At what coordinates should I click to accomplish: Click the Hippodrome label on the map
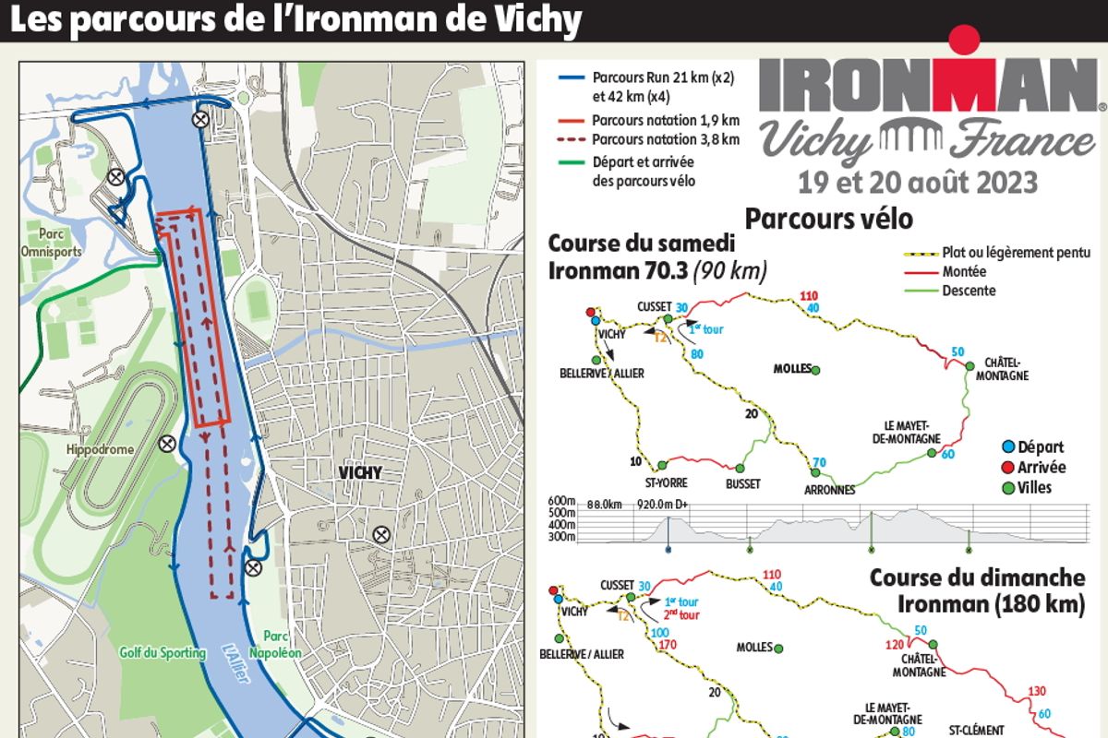(100, 449)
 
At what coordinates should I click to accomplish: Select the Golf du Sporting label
(163, 652)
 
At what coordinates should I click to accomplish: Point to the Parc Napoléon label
(283, 644)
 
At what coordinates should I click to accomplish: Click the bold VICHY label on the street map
(360, 473)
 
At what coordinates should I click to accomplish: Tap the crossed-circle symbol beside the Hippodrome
(167, 444)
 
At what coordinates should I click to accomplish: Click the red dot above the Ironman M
(964, 40)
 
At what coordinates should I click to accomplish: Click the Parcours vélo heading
(829, 220)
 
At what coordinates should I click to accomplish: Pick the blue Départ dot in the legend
(1007, 447)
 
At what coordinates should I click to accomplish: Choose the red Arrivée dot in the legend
(1007, 468)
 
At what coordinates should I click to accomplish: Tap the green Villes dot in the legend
(1007, 487)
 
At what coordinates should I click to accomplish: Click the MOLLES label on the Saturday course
(792, 369)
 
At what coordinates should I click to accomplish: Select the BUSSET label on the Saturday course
(742, 483)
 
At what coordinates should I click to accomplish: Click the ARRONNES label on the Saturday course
(829, 490)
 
